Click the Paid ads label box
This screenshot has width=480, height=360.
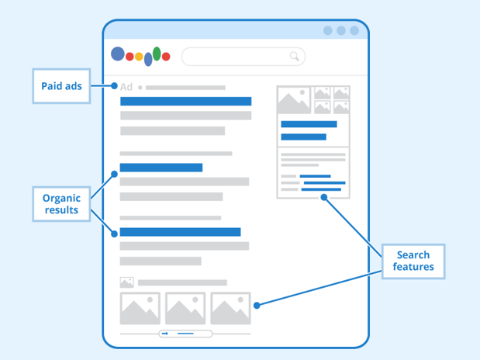(x=61, y=86)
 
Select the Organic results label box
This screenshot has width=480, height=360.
(x=61, y=204)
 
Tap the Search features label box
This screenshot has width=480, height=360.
(x=413, y=261)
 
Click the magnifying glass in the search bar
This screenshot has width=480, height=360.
(x=294, y=56)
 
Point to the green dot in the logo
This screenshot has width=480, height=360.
(x=157, y=54)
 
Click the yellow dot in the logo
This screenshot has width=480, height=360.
(x=139, y=57)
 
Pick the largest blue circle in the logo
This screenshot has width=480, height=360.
(x=118, y=54)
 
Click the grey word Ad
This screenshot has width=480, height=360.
(x=126, y=87)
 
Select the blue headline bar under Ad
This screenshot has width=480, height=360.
(x=186, y=101)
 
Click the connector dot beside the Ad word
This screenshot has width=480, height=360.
(x=114, y=86)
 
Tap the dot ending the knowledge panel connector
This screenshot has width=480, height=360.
(x=324, y=197)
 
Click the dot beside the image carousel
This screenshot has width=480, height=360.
(x=257, y=305)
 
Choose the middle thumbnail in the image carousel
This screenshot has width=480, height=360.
(x=185, y=308)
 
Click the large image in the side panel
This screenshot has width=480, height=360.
(x=294, y=100)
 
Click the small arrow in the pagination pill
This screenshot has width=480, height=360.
(x=165, y=334)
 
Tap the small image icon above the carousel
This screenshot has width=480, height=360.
(x=126, y=282)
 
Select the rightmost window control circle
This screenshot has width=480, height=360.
(x=354, y=30)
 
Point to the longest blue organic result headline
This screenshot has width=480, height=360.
(x=181, y=232)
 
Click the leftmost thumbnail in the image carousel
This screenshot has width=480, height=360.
(x=140, y=308)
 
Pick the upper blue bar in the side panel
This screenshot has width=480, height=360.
(x=309, y=124)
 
